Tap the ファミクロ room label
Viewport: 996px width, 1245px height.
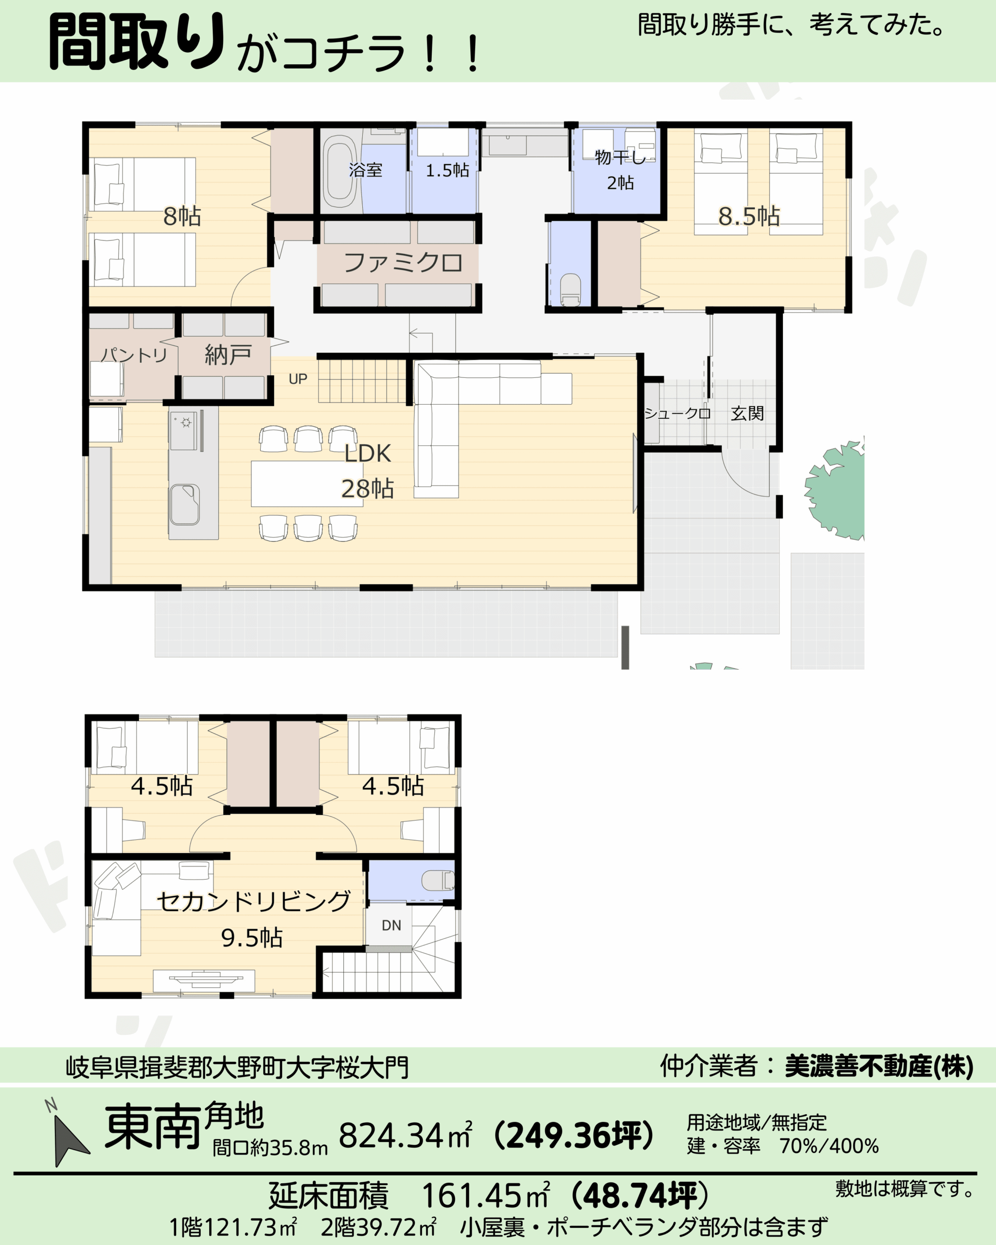point(403,263)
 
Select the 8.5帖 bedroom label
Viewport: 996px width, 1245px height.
point(749,216)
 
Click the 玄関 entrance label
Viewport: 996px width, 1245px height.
point(747,413)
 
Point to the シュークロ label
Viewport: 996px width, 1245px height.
point(676,413)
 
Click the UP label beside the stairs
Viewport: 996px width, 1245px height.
point(298,379)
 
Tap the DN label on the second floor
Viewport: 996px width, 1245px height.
point(391,925)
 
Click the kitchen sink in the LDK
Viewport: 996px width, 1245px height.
point(185,504)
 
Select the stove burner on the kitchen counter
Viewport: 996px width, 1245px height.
point(186,423)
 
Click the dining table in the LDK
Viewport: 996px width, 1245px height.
point(306,484)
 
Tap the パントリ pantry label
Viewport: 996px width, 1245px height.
point(134,355)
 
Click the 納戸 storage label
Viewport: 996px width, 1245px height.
point(228,355)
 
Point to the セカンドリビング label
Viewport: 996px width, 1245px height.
point(253,902)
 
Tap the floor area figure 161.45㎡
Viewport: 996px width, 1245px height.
point(485,1195)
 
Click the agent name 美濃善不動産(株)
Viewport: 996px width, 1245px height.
point(879,1066)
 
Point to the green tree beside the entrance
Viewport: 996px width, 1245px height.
point(836,491)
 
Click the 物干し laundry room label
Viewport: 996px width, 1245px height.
point(620,157)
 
